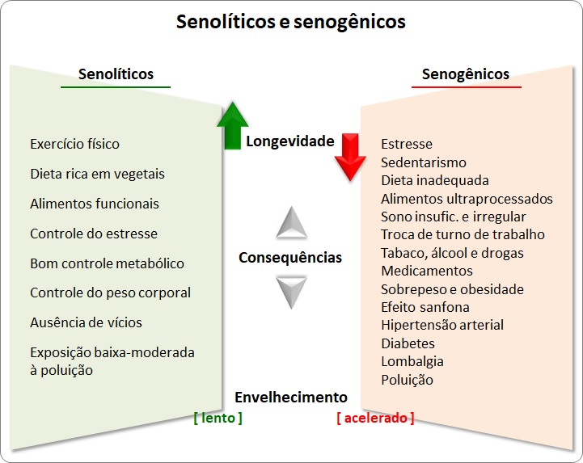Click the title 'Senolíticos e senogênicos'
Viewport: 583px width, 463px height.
[291, 23]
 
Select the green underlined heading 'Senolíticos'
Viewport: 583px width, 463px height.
[116, 74]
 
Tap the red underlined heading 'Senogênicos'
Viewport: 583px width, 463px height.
[466, 74]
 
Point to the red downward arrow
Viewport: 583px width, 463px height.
[350, 157]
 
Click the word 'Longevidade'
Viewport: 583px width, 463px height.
[290, 141]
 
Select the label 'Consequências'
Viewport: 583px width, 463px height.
[290, 258]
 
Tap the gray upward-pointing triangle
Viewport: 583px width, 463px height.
[291, 223]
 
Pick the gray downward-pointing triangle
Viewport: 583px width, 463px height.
[291, 292]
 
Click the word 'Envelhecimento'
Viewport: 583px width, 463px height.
[291, 398]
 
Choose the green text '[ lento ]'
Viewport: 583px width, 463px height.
[218, 418]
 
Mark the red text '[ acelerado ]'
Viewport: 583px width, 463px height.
[375, 418]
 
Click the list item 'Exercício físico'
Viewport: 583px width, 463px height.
[74, 144]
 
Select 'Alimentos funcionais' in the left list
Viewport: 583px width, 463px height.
[95, 204]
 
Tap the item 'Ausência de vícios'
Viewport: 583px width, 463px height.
[86, 322]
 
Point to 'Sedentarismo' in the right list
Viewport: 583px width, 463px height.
[424, 162]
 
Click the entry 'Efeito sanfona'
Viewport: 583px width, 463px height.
[425, 307]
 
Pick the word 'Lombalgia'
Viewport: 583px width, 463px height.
[412, 361]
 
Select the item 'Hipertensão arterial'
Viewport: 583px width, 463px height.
[442, 325]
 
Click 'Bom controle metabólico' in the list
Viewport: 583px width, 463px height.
[107, 263]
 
